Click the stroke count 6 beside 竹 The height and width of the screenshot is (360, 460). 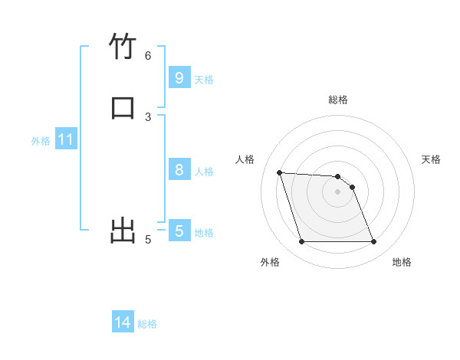point(148,55)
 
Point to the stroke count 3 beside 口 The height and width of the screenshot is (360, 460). point(148,116)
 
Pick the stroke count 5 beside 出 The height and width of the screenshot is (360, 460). point(148,240)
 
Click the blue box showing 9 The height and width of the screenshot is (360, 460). point(179,77)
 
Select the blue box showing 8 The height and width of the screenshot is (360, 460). point(179,169)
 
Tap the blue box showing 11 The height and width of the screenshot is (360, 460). point(66,140)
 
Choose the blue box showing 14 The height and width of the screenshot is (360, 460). point(123,322)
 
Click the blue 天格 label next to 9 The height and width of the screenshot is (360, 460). point(204,80)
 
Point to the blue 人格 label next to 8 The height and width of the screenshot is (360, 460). point(204,172)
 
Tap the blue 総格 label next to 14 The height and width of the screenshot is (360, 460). point(147,324)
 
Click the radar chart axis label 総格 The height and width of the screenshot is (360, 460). point(338,100)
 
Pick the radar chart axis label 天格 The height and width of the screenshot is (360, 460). point(432,159)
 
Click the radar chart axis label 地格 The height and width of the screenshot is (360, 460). point(402,262)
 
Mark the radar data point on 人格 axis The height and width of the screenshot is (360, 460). point(279,172)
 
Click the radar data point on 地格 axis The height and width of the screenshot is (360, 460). point(374,242)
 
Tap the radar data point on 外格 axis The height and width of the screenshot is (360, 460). point(301,242)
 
